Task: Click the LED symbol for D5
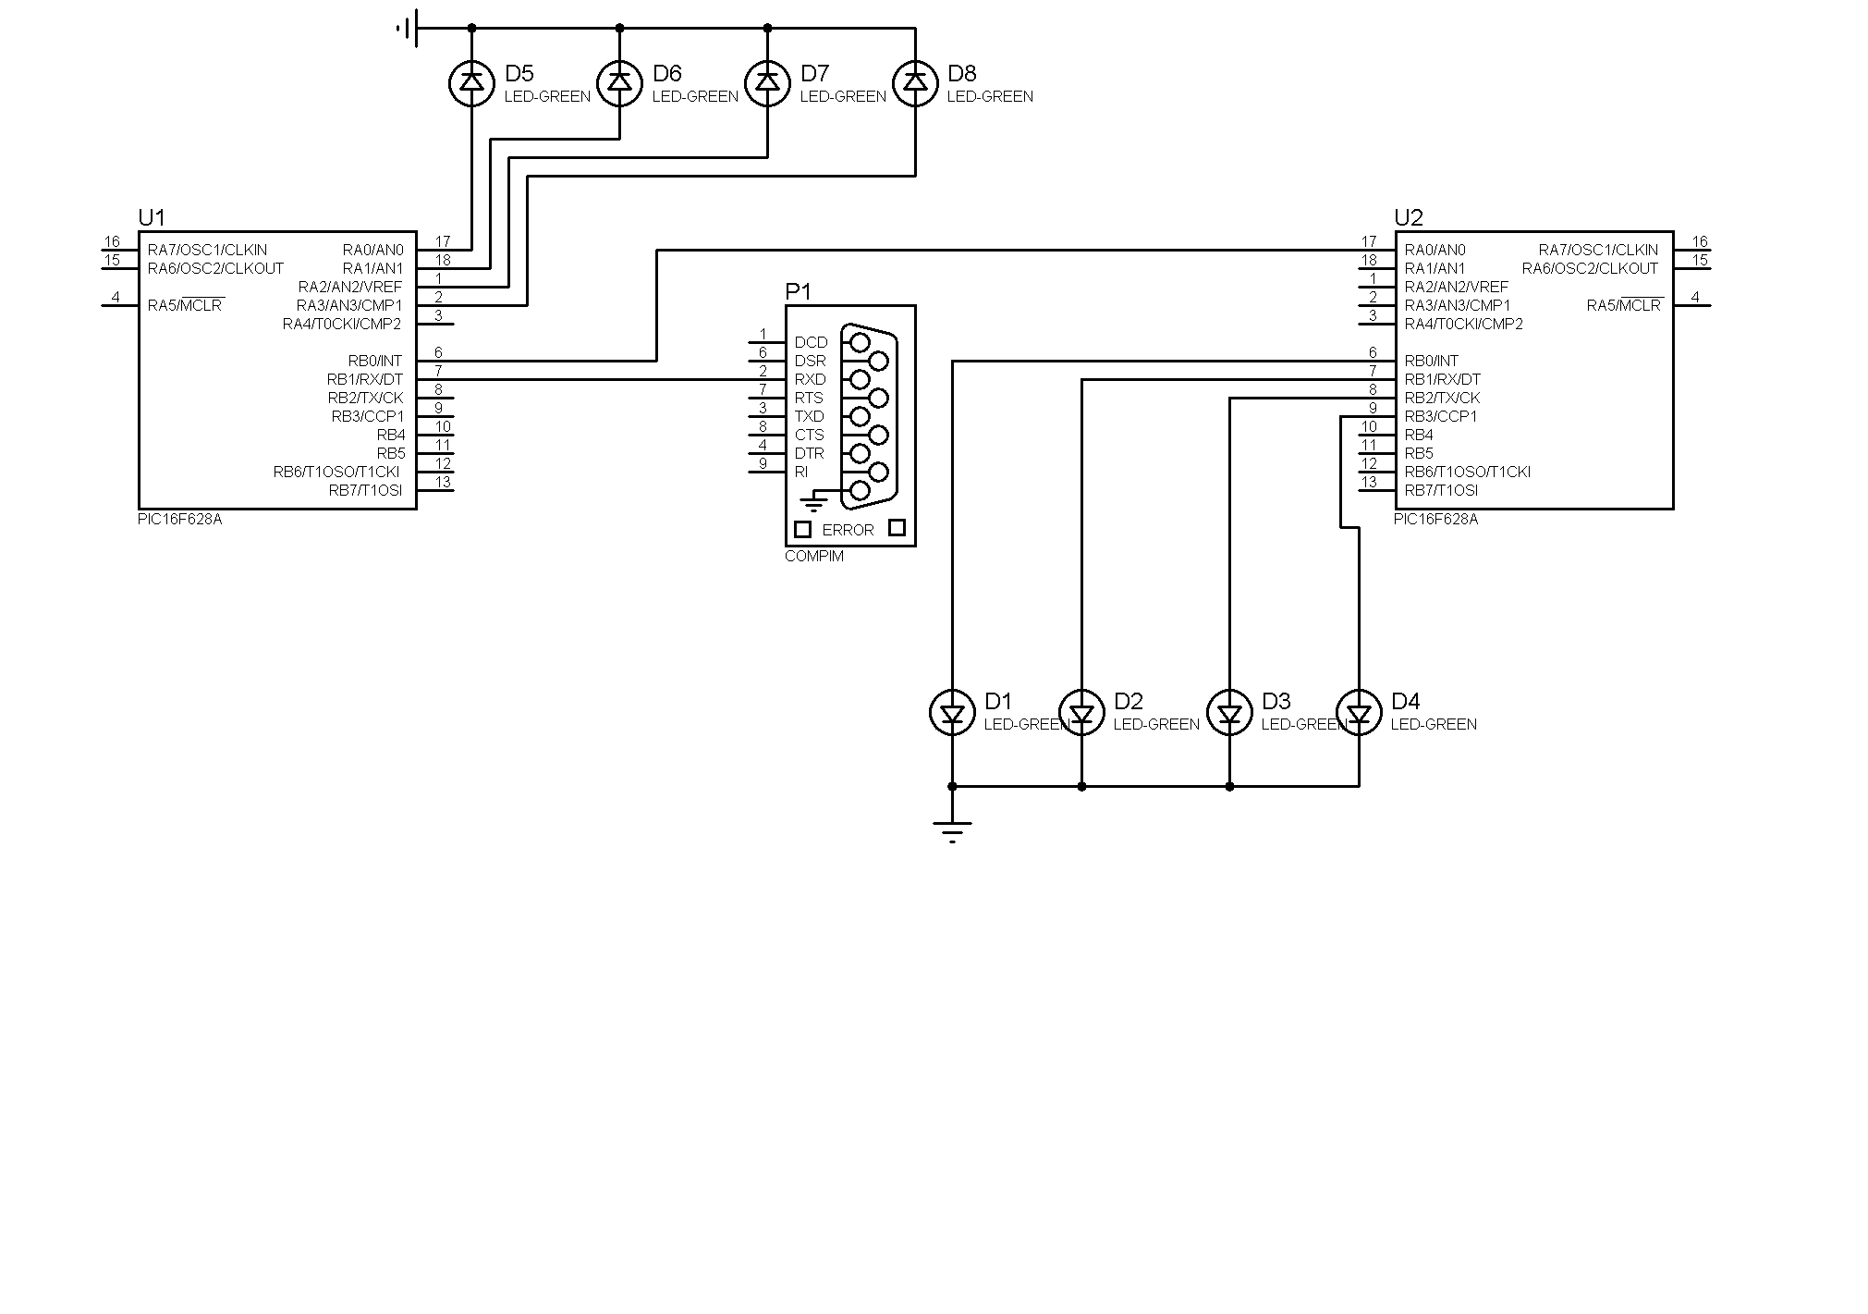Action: [x=471, y=83]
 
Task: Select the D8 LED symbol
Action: [x=915, y=83]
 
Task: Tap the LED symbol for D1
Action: [x=952, y=713]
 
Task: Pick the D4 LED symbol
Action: [x=1359, y=713]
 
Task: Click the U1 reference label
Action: [x=152, y=217]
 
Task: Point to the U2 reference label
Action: [x=1409, y=217]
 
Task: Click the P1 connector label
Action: [x=798, y=292]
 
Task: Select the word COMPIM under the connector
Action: [x=814, y=557]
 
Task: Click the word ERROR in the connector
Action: [x=848, y=530]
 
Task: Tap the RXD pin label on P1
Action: [x=811, y=379]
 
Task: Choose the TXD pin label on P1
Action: [x=810, y=416]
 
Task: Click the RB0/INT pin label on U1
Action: [x=375, y=361]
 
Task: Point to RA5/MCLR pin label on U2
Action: [x=1624, y=305]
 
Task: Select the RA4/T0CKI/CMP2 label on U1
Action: [x=342, y=324]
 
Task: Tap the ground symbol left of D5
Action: [x=408, y=29]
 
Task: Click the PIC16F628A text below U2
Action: [x=1436, y=520]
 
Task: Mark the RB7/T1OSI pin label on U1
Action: [x=366, y=490]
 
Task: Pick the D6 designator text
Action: [x=667, y=73]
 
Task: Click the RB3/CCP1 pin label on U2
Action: [x=1441, y=416]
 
